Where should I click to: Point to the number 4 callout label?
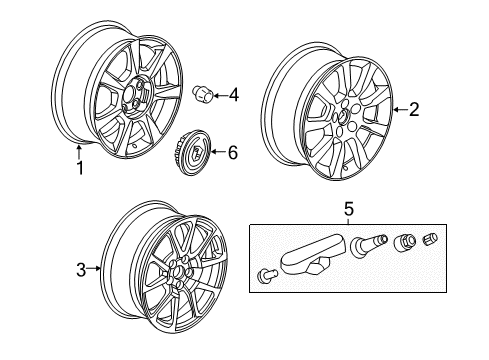(x=234, y=96)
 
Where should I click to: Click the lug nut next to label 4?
(x=200, y=94)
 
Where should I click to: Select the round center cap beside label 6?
(x=191, y=153)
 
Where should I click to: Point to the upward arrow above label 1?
(x=80, y=152)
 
